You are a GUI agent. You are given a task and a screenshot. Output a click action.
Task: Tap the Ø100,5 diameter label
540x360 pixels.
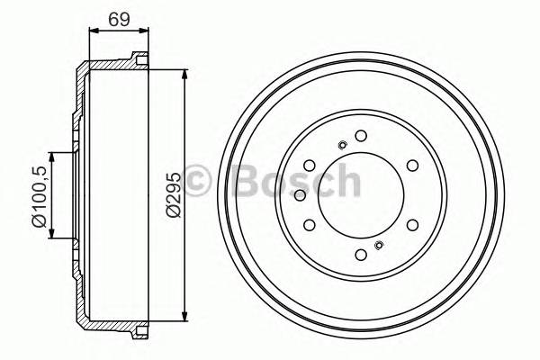[37, 193]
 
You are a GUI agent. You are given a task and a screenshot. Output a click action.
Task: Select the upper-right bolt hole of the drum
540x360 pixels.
[412, 165]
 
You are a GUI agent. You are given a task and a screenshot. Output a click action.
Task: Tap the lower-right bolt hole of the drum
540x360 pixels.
[412, 225]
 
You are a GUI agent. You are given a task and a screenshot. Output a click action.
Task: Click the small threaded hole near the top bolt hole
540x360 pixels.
[342, 145]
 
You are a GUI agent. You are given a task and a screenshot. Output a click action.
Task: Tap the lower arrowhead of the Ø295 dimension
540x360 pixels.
[184, 315]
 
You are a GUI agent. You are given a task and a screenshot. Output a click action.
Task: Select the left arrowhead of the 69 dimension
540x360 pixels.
[92, 31]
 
